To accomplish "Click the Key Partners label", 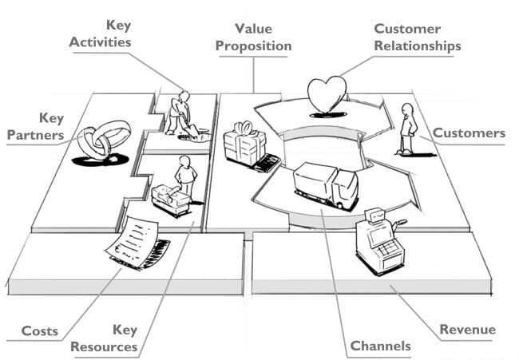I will click(35, 127).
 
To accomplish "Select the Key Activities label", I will click(100, 34).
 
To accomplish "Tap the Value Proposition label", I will click(252, 38).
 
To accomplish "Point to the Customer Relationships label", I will click(417, 38).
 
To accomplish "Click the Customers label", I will click(469, 133).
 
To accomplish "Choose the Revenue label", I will click(467, 329).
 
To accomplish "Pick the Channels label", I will click(380, 346).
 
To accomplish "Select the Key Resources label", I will click(104, 338).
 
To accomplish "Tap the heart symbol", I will click(327, 95).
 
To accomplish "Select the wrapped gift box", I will click(244, 144).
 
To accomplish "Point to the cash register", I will click(378, 241).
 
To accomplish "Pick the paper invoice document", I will click(132, 241).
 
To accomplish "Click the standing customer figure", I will click(407, 128).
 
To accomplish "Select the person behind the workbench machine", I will click(185, 176).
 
